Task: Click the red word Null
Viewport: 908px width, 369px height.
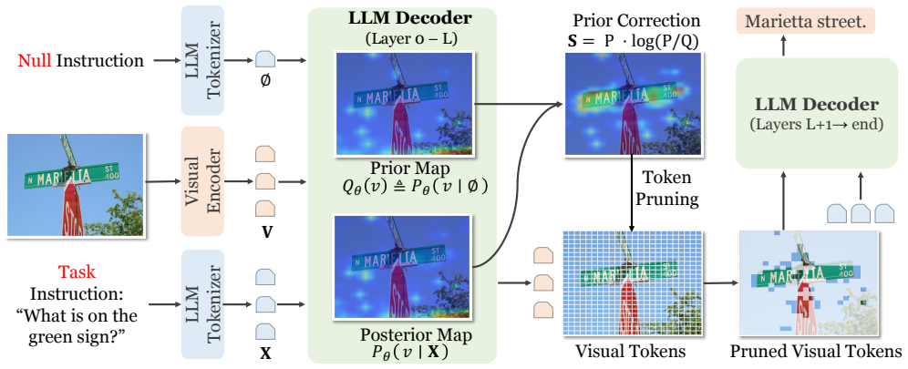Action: pyautogui.click(x=33, y=60)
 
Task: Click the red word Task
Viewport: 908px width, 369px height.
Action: pyautogui.click(x=77, y=272)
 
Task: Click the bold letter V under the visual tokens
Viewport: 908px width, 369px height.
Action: pyautogui.click(x=266, y=231)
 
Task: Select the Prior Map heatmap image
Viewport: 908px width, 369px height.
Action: pyautogui.click(x=405, y=103)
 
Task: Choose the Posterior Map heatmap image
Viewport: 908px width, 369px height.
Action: pyautogui.click(x=405, y=267)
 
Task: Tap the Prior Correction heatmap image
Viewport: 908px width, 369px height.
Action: pyautogui.click(x=632, y=104)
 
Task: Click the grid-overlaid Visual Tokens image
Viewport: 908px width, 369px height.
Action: pyautogui.click(x=632, y=283)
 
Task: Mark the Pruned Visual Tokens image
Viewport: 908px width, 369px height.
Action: pyautogui.click(x=809, y=283)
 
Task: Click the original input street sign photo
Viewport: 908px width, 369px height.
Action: pyautogui.click(x=76, y=185)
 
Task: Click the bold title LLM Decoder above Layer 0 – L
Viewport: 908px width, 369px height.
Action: pyautogui.click(x=410, y=18)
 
